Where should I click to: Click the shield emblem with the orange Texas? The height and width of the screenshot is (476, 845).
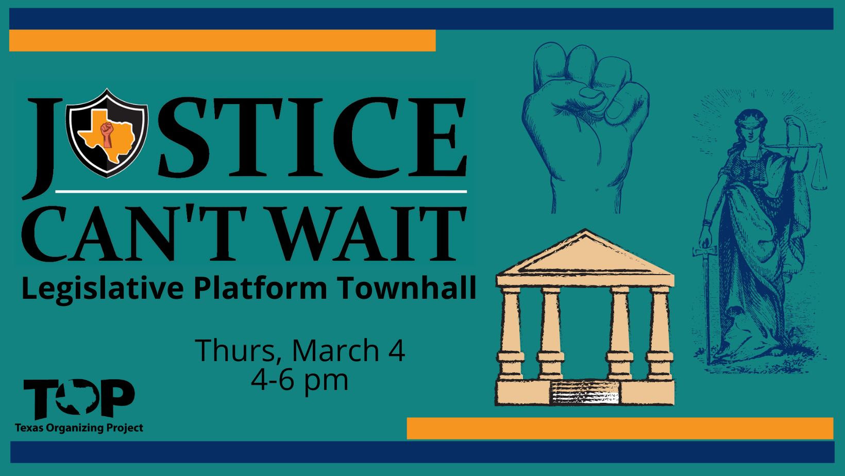[x=107, y=133]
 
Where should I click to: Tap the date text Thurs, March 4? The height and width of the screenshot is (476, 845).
[x=300, y=350]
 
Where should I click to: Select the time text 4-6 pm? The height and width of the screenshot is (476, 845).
[x=300, y=380]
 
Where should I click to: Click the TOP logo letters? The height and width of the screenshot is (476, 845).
[x=79, y=399]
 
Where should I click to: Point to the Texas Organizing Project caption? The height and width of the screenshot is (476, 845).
[x=79, y=428]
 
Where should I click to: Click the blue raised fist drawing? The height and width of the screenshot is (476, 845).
[x=585, y=118]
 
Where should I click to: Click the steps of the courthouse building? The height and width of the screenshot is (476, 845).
[x=585, y=394]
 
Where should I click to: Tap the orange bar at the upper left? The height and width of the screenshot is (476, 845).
[x=222, y=41]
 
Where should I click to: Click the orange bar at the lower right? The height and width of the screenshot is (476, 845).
[x=619, y=428]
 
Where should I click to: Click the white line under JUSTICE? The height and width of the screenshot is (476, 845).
[x=261, y=192]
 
